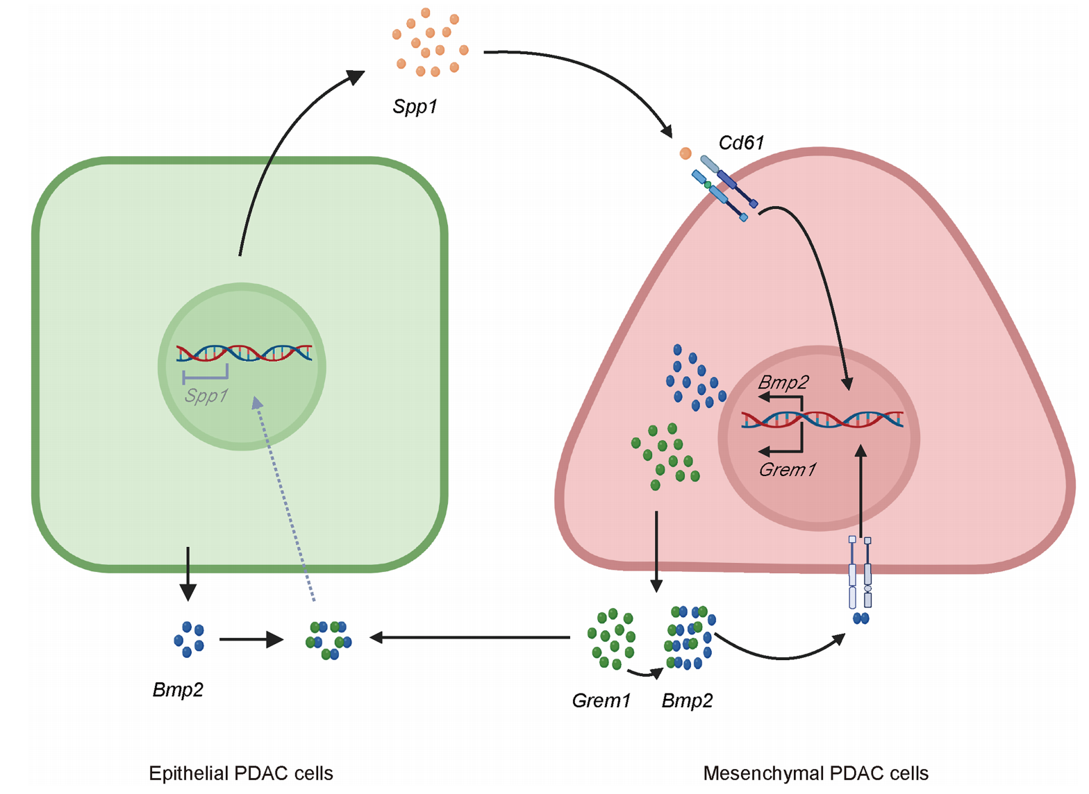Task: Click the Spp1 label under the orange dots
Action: point(415,107)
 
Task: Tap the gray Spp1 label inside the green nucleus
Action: point(206,396)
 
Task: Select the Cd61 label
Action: point(741,143)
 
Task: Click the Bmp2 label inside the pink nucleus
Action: point(783,382)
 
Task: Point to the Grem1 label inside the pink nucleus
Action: point(787,470)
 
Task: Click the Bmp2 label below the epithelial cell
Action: point(178,690)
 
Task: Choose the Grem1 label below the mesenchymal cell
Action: point(601,701)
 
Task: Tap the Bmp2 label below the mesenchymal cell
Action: point(687,701)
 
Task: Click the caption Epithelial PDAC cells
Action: point(240,773)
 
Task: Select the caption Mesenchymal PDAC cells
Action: point(815,773)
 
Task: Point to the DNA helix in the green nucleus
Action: point(244,353)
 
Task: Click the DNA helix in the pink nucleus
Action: point(822,419)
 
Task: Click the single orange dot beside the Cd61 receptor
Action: point(685,153)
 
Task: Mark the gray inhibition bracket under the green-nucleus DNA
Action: point(205,375)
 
